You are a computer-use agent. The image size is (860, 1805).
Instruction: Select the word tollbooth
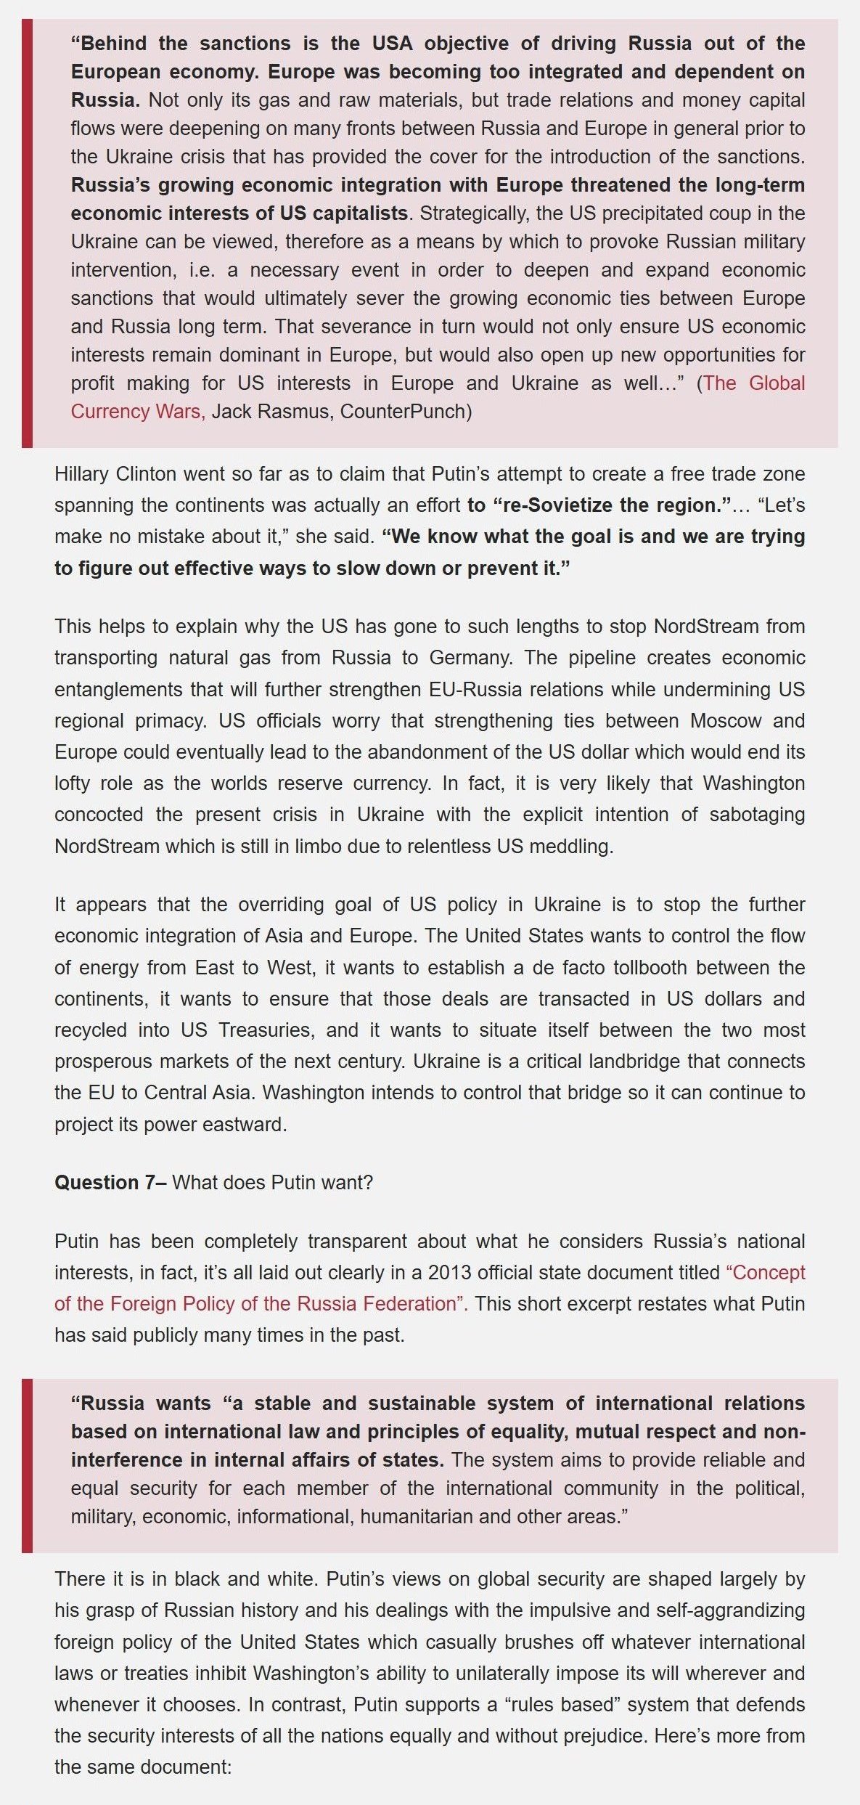659,968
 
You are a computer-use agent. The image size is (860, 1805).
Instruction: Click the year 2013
449,1273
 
